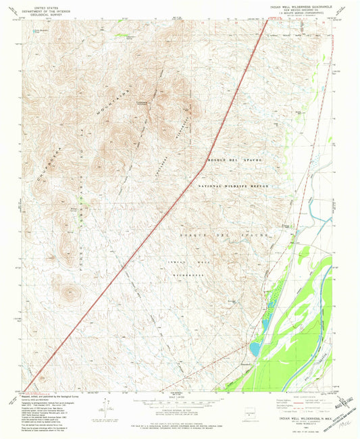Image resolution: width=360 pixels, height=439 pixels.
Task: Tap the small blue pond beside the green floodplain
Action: (x=255, y=348)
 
